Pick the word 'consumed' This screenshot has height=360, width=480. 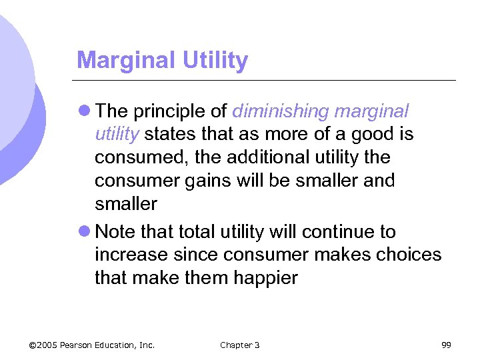[137, 157]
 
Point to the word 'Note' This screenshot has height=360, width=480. [115, 232]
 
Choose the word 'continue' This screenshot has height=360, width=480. [340, 232]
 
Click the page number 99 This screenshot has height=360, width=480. [446, 345]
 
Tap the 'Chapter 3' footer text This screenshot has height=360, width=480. [239, 345]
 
